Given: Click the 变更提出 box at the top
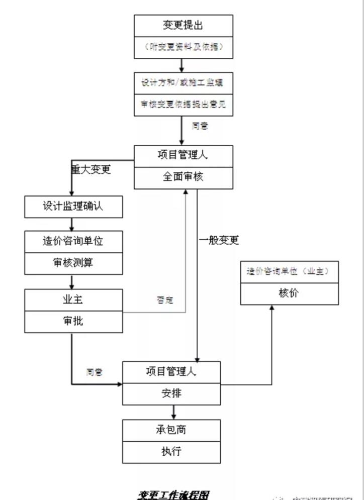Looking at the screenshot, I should pos(183,25).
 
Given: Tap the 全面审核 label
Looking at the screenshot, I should pos(183,177).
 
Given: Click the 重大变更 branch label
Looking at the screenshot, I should pos(91,169).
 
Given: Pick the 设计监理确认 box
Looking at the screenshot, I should pos(73,206).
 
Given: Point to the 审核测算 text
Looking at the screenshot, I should pos(73,263).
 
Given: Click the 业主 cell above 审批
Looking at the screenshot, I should pos(73,299).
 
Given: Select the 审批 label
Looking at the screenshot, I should pos(73,321).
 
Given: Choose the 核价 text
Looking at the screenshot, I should pos(289,293).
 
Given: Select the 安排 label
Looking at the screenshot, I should pos(171,393).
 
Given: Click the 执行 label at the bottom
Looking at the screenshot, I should pos(171,451).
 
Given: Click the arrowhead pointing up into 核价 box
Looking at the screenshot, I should pos(272,308).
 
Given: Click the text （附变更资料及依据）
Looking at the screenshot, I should pos(183,47).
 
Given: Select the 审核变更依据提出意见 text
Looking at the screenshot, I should pos(183,105).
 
